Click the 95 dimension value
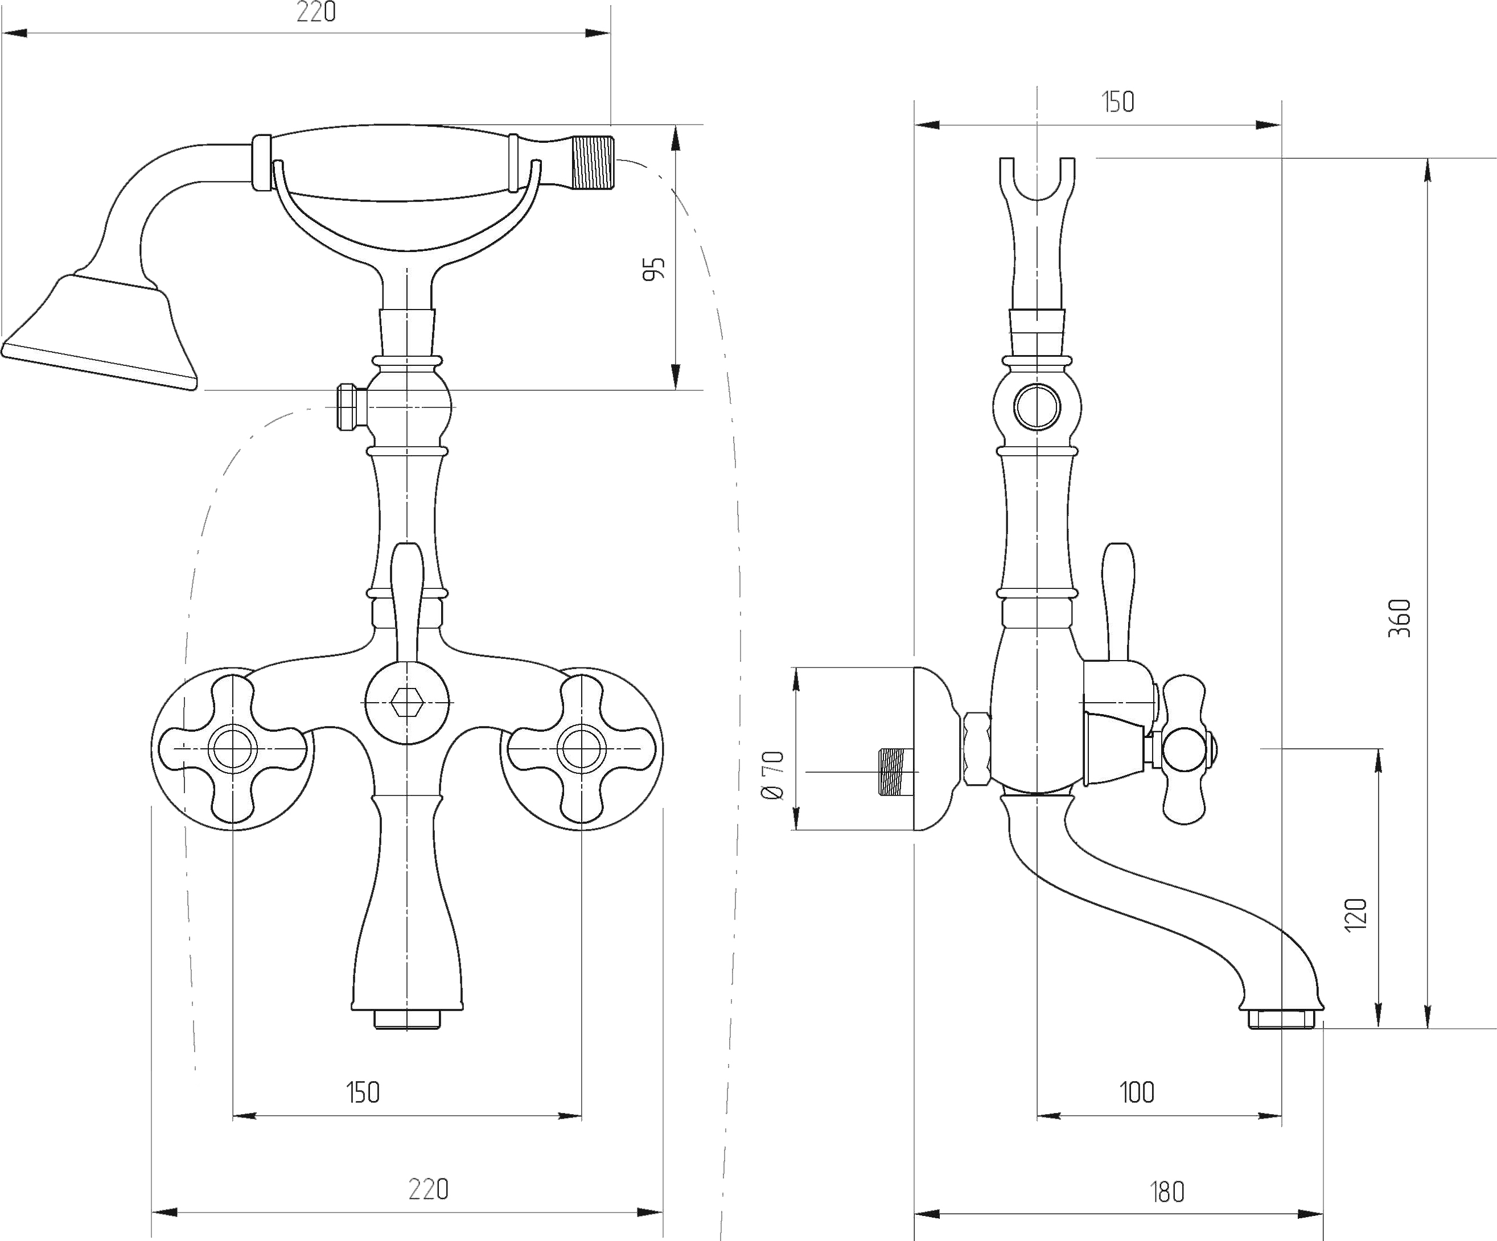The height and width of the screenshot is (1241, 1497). click(x=653, y=269)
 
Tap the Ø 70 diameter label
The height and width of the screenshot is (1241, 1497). click(x=773, y=775)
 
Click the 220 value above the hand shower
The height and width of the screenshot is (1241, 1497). click(x=316, y=12)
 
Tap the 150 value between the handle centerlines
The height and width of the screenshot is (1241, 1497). click(x=363, y=1092)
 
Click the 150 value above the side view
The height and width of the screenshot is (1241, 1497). click(x=1118, y=102)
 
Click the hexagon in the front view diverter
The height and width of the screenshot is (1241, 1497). click(x=407, y=703)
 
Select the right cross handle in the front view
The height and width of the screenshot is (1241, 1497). click(x=581, y=748)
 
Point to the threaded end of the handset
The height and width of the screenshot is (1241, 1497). click(x=594, y=163)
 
